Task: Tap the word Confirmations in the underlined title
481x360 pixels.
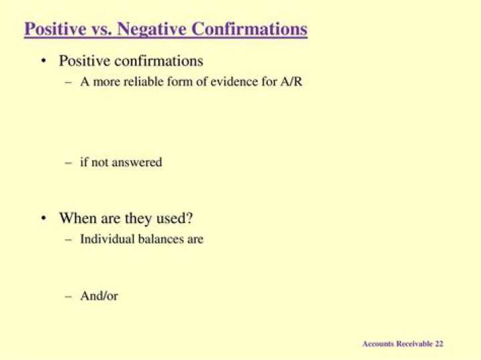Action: (249, 29)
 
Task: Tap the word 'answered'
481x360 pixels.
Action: (138, 162)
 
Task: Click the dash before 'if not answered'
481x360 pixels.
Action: (68, 162)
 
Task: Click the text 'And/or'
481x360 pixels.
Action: (99, 295)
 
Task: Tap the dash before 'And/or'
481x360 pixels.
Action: (68, 295)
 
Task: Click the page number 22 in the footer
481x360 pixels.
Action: (439, 344)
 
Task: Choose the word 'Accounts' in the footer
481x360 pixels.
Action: (377, 344)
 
